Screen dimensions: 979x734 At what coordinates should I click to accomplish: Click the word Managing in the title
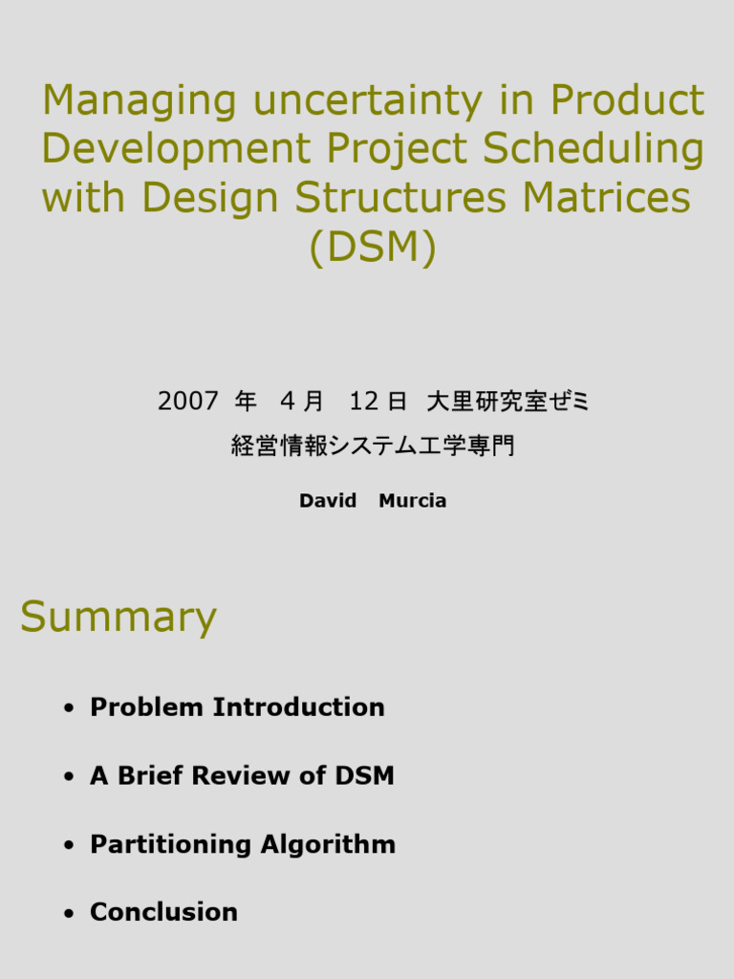pos(139,101)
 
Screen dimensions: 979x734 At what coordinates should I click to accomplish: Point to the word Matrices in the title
pos(599,198)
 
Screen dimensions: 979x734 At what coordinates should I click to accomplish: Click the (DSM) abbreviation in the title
pos(373,248)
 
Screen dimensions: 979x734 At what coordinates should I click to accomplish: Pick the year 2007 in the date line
pos(188,402)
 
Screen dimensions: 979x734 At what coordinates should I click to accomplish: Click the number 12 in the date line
pos(364,402)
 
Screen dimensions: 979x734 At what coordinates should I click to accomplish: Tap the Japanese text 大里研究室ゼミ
pos(508,402)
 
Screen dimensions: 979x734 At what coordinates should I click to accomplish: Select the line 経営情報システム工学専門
pos(373,446)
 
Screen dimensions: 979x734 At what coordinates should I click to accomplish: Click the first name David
pos(328,501)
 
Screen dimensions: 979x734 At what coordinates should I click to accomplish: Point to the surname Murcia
pos(413,501)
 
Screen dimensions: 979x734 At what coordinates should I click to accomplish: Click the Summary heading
pos(119,618)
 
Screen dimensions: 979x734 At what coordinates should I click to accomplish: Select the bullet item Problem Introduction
pos(237,707)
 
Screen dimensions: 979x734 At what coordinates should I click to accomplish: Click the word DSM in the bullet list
pos(364,776)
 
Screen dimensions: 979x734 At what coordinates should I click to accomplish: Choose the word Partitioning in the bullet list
pos(171,845)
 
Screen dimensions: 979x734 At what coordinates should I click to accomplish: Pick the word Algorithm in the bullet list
pos(329,845)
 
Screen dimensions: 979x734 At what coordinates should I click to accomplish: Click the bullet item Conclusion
pos(163,913)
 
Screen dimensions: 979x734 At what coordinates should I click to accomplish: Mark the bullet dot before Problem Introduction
pos(68,708)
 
